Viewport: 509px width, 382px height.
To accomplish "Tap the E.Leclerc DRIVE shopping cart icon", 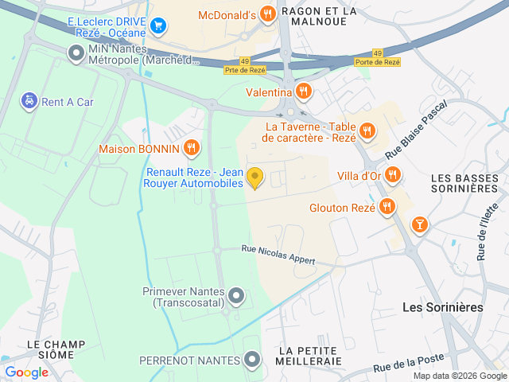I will pos(158,25).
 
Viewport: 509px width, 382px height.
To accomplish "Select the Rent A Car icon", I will pos(29,101).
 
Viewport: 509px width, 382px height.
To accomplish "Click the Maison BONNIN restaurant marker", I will pos(191,148).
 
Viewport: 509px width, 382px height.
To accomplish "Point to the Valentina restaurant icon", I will pos(303,92).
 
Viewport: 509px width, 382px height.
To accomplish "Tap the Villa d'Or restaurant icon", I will pos(392,175).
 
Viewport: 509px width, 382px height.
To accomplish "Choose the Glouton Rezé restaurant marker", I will pos(387,208).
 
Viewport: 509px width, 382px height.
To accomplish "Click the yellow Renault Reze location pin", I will pos(254,177).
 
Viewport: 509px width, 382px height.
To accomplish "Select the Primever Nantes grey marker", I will pos(236,297).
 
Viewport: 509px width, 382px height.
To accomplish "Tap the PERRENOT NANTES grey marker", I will pos(253,361).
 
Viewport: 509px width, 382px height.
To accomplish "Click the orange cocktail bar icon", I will pos(418,225).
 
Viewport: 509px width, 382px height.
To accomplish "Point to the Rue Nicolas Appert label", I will pos(278,255).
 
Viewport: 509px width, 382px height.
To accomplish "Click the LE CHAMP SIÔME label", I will pos(56,350).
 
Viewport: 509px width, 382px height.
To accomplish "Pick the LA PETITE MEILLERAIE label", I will pos(310,356).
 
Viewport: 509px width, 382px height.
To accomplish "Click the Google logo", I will pos(26,372).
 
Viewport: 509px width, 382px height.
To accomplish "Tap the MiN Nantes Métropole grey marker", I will pos(76,54).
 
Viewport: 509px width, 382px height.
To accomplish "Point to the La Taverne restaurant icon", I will pos(367,131).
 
